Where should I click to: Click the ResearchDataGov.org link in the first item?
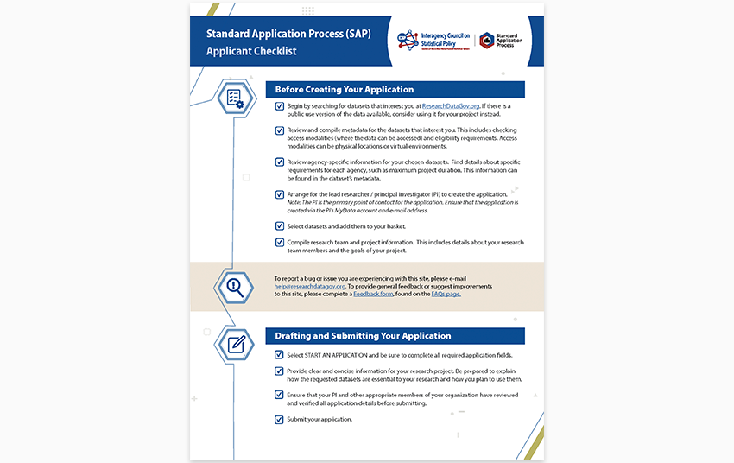[451, 105]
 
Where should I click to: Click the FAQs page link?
[446, 294]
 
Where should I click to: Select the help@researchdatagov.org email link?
[310, 286]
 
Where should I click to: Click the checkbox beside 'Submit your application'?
[279, 420]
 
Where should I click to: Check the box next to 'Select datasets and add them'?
[279, 226]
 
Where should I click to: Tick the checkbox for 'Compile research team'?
[279, 243]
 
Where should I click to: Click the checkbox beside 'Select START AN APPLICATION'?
[279, 355]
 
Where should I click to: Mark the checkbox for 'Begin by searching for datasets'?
[279, 106]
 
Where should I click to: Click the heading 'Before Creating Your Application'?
[345, 90]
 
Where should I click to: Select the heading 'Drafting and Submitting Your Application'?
[363, 336]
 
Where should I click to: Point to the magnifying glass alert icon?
[235, 286]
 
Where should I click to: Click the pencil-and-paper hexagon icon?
[235, 344]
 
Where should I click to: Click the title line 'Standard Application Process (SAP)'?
[288, 35]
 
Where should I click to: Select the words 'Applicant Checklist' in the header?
[251, 51]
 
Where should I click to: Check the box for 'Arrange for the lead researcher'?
[279, 195]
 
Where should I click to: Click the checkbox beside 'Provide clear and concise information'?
[279, 371]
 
